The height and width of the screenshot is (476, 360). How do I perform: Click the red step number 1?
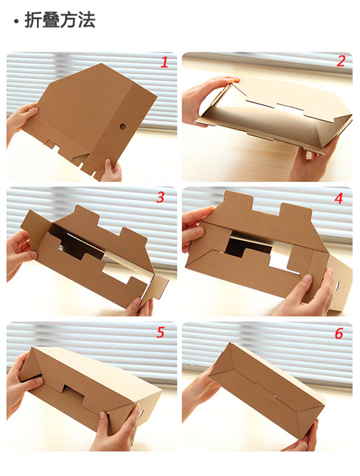tap(164, 63)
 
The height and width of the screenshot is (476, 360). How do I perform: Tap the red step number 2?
tap(341, 61)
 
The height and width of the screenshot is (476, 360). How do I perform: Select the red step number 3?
tap(161, 198)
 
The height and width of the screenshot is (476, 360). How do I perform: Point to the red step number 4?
tap(339, 198)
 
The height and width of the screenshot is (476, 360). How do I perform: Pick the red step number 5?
tap(161, 333)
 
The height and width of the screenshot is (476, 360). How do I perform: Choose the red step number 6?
tap(339, 334)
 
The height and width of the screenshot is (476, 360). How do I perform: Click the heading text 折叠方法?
tap(60, 20)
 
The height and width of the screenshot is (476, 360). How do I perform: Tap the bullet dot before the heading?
tap(16, 21)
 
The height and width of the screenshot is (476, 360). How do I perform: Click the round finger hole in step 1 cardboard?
tap(122, 126)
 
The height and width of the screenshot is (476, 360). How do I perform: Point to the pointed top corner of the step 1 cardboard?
tap(101, 64)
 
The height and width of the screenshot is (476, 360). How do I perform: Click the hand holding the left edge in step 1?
tap(20, 120)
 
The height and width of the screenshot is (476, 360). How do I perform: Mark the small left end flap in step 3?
tap(34, 225)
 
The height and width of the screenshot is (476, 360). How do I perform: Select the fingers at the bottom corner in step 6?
tap(304, 437)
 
